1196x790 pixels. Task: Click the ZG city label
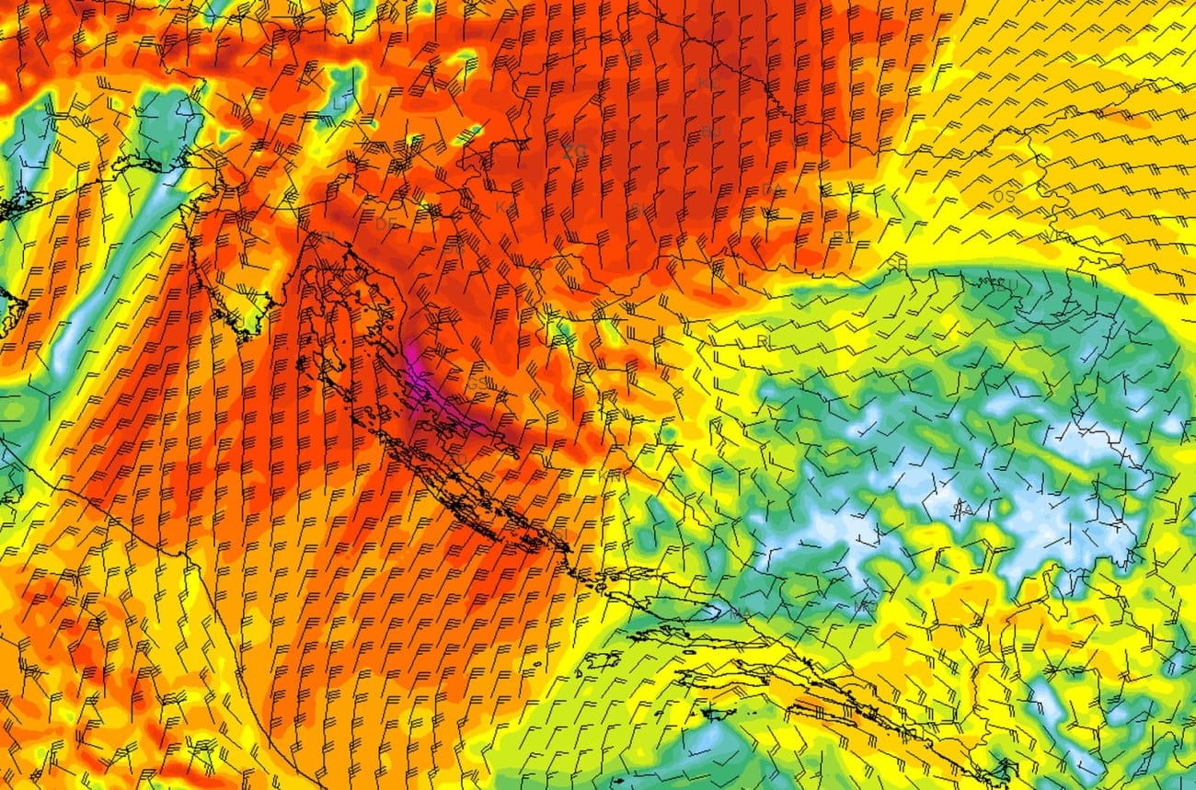[574, 151]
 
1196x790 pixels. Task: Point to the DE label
[385, 224]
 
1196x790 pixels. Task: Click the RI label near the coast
[327, 238]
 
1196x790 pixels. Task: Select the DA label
[771, 190]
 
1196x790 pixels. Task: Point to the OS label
[1004, 197]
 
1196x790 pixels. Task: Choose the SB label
[897, 265]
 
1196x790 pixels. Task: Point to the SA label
[963, 509]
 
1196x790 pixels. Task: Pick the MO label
[864, 606]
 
